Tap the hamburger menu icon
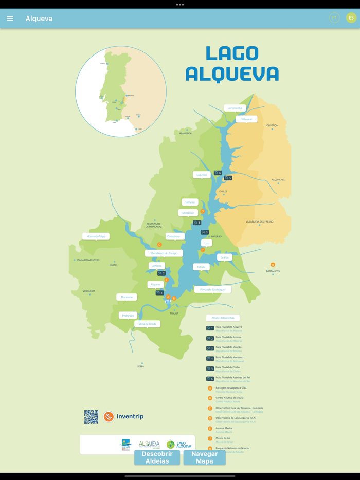(10, 19)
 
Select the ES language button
(351, 18)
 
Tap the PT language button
(334, 18)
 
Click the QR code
(91, 417)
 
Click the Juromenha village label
(235, 108)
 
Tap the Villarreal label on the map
(246, 119)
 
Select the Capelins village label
(202, 175)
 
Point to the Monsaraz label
(188, 213)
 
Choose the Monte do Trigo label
(96, 236)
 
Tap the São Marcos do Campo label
(164, 253)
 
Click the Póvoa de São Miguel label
(212, 290)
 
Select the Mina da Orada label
(147, 324)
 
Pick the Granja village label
(224, 257)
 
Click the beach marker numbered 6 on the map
(218, 173)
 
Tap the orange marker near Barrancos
(273, 265)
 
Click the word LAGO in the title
(231, 53)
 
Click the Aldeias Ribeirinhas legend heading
(223, 318)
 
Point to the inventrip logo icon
(109, 417)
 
